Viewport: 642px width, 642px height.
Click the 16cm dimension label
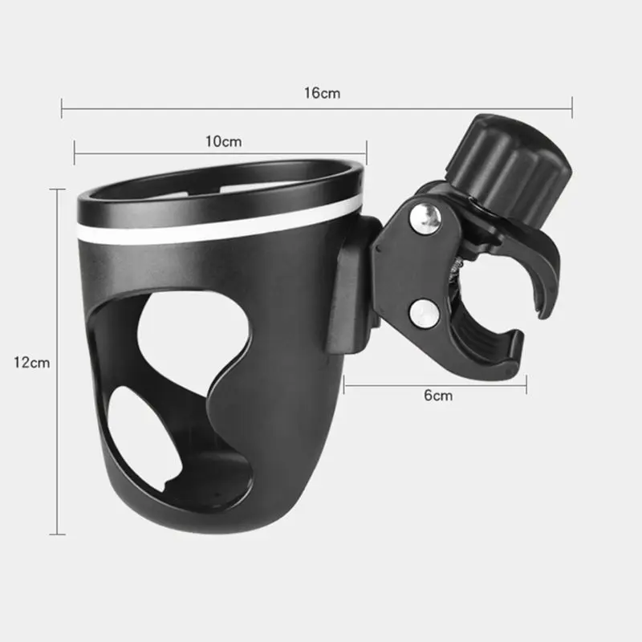point(322,93)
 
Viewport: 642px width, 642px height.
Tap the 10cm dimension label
point(224,142)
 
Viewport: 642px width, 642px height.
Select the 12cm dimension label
point(31,363)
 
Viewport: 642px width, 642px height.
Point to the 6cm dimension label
point(438,396)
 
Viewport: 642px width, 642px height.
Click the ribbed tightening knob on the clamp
point(509,167)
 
